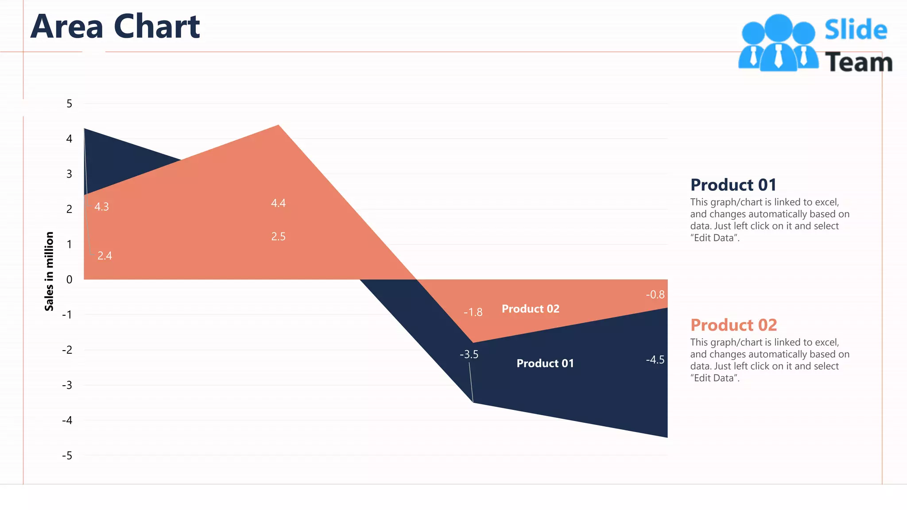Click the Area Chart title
tap(115, 27)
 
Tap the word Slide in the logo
tap(856, 30)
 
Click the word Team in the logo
tap(858, 62)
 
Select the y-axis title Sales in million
tap(49, 271)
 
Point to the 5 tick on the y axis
tap(69, 104)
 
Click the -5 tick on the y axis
tap(67, 456)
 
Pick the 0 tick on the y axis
tap(69, 279)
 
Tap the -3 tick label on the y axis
tap(67, 385)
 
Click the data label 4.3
tap(101, 207)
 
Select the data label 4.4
tap(278, 203)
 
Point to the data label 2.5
tap(278, 236)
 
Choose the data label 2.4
tap(105, 256)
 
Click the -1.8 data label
tap(473, 312)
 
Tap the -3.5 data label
tap(469, 354)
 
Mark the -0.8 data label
tap(655, 294)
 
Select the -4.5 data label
tap(655, 359)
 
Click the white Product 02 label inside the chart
tap(531, 309)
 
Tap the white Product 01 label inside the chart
tap(545, 363)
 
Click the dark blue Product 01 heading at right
tap(733, 185)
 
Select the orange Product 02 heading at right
tap(733, 325)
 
